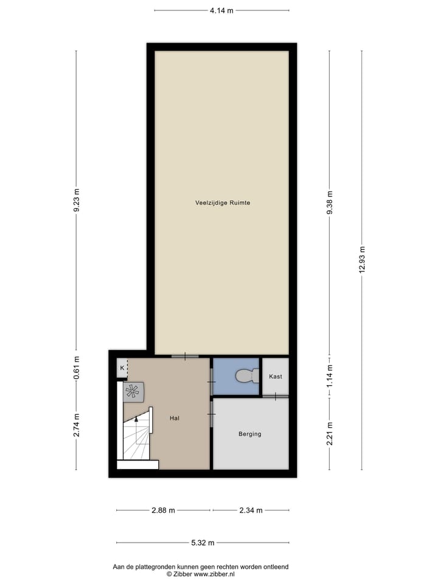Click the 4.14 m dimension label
(221, 10)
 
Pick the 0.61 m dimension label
(76, 369)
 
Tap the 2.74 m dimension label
(76, 425)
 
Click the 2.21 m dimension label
(330, 433)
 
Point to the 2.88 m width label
(163, 510)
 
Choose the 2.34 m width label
(251, 510)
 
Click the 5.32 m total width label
(202, 543)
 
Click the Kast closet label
(276, 377)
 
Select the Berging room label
(250, 434)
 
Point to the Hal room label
(175, 418)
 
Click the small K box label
(122, 368)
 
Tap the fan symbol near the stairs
(132, 392)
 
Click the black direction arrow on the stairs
(136, 419)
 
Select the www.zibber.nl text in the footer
(218, 574)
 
